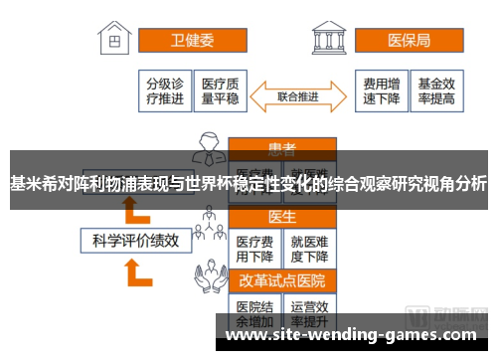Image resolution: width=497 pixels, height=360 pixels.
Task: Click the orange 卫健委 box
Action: [x=192, y=42]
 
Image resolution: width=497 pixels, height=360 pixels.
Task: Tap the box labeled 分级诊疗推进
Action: [x=166, y=90]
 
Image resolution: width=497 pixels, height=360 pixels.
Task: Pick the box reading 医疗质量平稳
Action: [x=220, y=90]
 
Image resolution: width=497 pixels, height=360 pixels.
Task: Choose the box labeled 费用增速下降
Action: [x=381, y=90]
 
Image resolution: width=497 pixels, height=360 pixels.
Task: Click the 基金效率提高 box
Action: [x=436, y=90]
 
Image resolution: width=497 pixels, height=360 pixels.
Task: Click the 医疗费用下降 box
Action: [x=254, y=247]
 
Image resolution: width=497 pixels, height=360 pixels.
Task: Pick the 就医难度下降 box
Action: [x=310, y=247]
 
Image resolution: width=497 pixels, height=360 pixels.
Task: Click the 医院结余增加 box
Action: [x=254, y=311]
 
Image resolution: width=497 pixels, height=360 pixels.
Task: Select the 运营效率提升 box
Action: [x=310, y=311]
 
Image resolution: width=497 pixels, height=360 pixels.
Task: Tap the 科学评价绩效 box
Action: [x=135, y=240]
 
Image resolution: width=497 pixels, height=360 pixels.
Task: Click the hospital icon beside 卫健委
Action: [x=117, y=40]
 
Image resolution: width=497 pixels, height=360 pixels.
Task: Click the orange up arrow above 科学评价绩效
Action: [x=129, y=207]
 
